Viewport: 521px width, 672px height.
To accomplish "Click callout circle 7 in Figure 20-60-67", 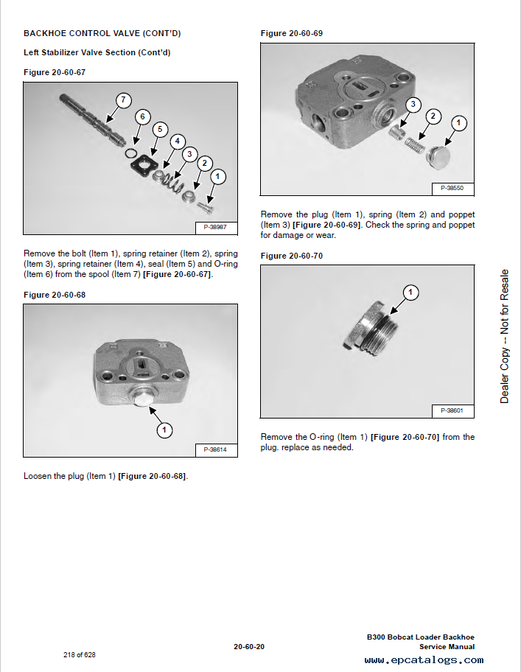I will [122, 100].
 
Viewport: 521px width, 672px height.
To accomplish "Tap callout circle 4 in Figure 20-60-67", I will [177, 141].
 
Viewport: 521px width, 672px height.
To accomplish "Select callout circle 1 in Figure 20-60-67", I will [217, 176].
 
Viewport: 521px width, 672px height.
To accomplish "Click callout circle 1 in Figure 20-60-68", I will [164, 429].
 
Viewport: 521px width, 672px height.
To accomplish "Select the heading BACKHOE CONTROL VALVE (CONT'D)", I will [102, 33].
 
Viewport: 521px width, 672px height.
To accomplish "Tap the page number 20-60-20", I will [249, 647].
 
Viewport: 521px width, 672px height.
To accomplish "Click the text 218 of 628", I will [80, 654].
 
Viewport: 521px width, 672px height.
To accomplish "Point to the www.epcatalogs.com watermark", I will [424, 660].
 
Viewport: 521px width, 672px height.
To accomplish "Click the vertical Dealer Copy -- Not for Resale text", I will [505, 336].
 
